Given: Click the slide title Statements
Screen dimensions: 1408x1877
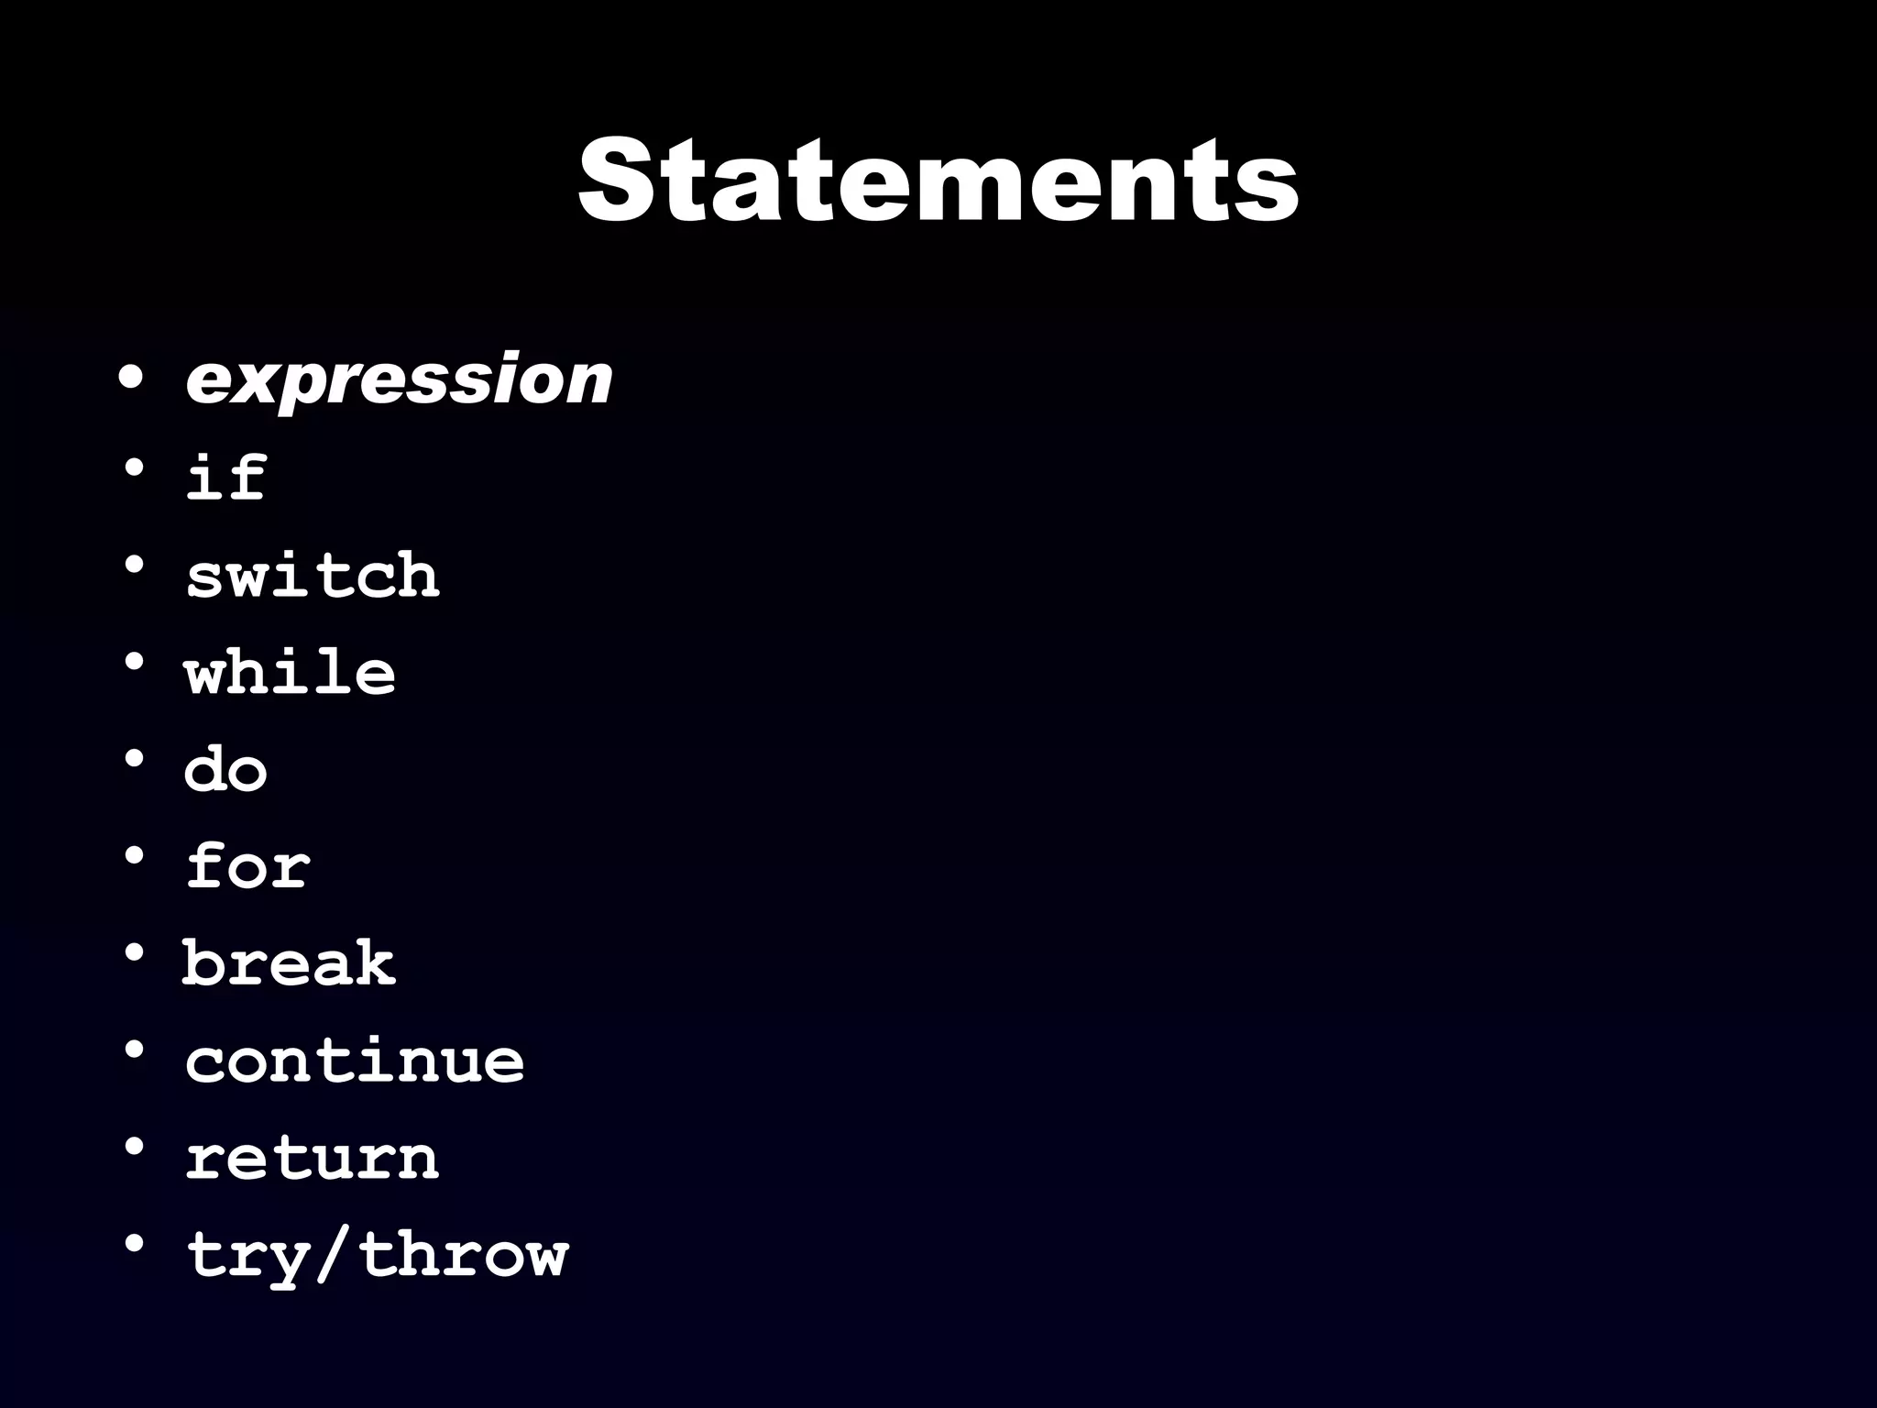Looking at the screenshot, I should click(938, 180).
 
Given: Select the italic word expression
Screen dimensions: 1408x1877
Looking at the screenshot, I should click(399, 379).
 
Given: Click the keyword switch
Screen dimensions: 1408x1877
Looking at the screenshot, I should click(313, 576).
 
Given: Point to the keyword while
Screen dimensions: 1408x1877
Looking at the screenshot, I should click(290, 672).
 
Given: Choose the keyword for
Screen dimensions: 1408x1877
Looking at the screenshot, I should click(247, 865).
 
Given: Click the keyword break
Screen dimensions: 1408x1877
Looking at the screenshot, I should click(289, 962).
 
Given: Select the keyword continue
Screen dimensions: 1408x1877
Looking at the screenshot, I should click(355, 1060).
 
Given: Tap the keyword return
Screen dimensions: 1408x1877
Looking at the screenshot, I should click(313, 1157).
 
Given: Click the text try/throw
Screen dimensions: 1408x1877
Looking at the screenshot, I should click(377, 1254).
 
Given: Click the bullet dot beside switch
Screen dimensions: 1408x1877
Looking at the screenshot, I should click(134, 566).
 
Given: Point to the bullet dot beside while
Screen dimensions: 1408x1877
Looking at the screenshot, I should click(134, 662).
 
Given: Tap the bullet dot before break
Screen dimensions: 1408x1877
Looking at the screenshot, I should click(134, 953).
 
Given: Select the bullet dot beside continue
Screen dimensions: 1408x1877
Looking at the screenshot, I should click(134, 1050).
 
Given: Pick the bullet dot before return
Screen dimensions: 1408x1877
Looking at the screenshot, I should click(134, 1147).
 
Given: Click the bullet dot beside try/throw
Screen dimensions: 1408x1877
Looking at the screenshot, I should click(134, 1244).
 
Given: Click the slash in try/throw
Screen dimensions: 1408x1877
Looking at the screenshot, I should click(335, 1254).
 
